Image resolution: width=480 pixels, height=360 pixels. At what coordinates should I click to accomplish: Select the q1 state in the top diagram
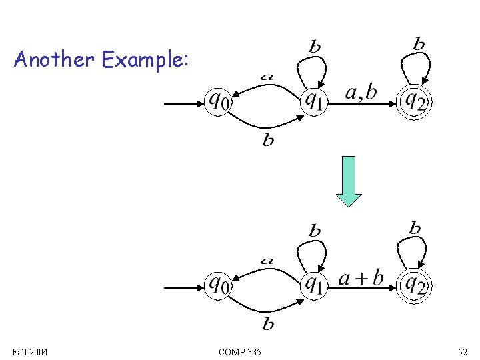point(313,101)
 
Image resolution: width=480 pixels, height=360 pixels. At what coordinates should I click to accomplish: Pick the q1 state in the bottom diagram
point(313,285)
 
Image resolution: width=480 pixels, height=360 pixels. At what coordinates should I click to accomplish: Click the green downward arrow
point(348,181)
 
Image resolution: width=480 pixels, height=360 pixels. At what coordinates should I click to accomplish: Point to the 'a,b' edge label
point(361,93)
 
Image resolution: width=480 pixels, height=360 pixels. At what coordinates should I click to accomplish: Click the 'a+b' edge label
point(361,277)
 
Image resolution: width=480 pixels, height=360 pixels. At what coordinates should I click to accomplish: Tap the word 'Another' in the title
point(54,60)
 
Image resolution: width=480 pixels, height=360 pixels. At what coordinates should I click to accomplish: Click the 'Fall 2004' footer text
point(29,351)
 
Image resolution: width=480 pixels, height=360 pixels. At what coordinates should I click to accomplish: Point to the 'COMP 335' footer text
point(239,351)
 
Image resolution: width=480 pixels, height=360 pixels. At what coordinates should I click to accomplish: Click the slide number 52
point(463,351)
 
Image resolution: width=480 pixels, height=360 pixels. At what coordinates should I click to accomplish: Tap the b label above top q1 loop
point(315,47)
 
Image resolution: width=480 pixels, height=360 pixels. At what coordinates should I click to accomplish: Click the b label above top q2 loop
point(419,45)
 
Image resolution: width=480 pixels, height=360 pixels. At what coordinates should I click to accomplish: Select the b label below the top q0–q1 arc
point(268,141)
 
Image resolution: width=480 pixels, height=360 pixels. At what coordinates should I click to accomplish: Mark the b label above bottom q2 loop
point(415,229)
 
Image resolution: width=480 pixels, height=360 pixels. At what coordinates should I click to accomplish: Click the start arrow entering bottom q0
point(183,288)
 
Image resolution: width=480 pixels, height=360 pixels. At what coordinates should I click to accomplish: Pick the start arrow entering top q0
point(183,104)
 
